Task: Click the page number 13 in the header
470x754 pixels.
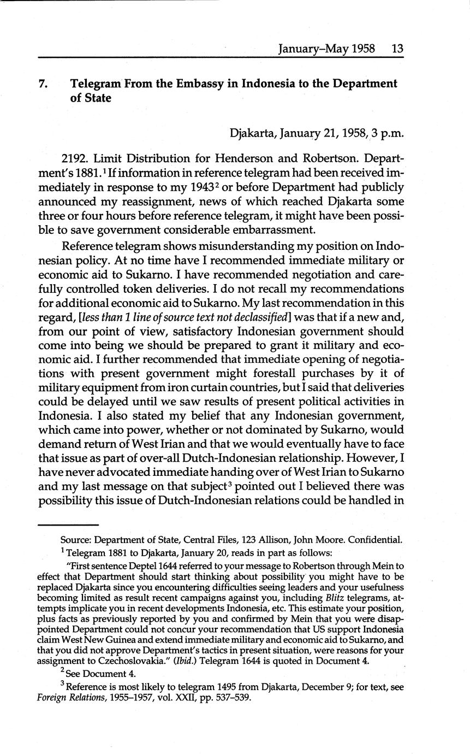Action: point(397,48)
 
